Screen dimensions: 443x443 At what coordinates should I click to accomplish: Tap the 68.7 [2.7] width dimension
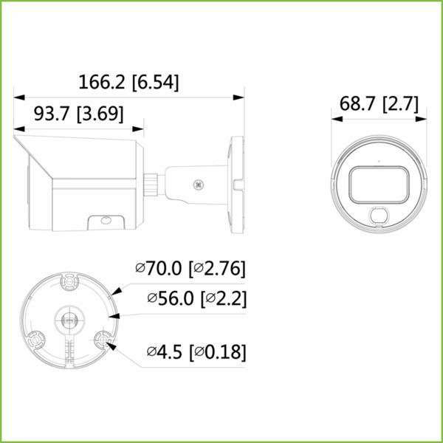[379, 103]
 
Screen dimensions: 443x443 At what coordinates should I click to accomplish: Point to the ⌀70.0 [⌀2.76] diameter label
[190, 268]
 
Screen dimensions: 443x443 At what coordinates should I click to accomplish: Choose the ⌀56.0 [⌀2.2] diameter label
[196, 298]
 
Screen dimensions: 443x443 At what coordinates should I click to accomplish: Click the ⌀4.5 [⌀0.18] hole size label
[196, 351]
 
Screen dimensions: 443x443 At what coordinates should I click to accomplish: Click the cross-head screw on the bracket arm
[198, 185]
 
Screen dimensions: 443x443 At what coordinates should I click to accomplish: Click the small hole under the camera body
[106, 220]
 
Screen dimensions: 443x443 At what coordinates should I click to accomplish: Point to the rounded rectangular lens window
[379, 185]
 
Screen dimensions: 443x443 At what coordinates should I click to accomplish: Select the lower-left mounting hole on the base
[36, 339]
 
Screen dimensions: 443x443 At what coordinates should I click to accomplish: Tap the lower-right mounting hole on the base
[103, 340]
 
